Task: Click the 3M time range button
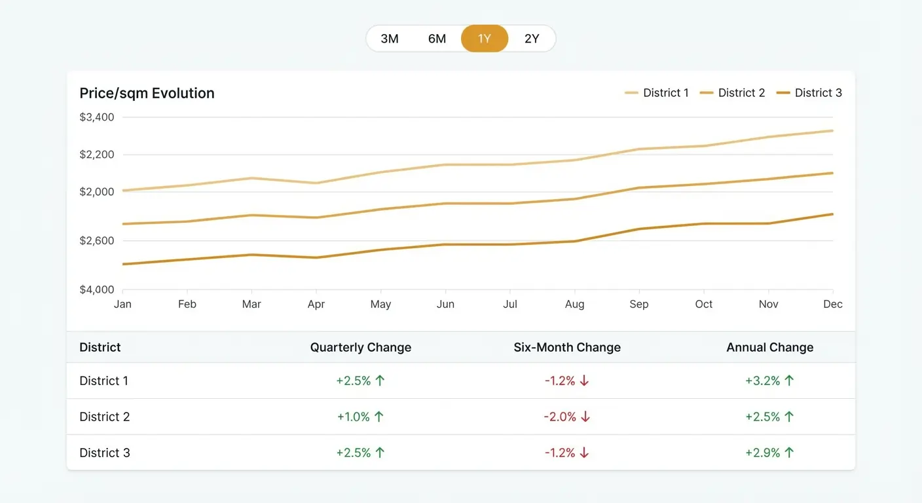tap(390, 39)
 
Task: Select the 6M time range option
tap(437, 39)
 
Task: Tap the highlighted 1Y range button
tap(485, 39)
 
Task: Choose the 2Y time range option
tap(532, 39)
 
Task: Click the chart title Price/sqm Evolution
tap(147, 93)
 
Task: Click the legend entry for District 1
tap(657, 93)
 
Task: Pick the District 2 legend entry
tap(733, 93)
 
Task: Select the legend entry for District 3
tap(809, 93)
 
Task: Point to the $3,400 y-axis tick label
tap(97, 117)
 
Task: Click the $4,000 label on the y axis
tap(97, 289)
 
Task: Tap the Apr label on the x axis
tap(316, 304)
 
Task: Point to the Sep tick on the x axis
tap(639, 304)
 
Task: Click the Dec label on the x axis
tap(833, 304)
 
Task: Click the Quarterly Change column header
tap(361, 347)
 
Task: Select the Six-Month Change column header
tap(567, 347)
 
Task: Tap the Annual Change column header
tap(770, 347)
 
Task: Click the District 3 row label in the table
tap(105, 453)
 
